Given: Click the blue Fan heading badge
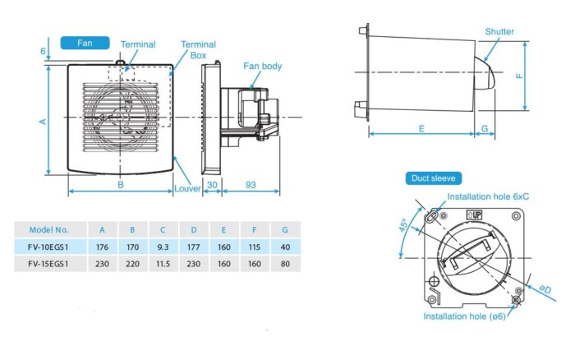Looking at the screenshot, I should [85, 42].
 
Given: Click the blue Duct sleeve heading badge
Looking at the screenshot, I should [435, 178].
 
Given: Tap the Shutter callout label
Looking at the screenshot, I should [499, 32].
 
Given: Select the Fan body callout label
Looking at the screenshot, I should [263, 66].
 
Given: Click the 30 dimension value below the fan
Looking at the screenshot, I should [211, 186].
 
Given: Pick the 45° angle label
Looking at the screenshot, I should [406, 227].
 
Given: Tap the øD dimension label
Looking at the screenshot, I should [545, 288].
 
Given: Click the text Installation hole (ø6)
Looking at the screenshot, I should [464, 316].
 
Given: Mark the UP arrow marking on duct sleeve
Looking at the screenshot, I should [473, 215].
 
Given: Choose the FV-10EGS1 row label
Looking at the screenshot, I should [48, 246].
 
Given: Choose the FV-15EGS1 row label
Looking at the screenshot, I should [48, 264].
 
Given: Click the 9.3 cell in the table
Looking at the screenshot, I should [163, 246].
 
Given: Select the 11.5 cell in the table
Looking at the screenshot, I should [163, 264].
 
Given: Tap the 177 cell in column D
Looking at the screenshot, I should [194, 246].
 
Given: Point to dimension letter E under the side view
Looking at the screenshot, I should [421, 129].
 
